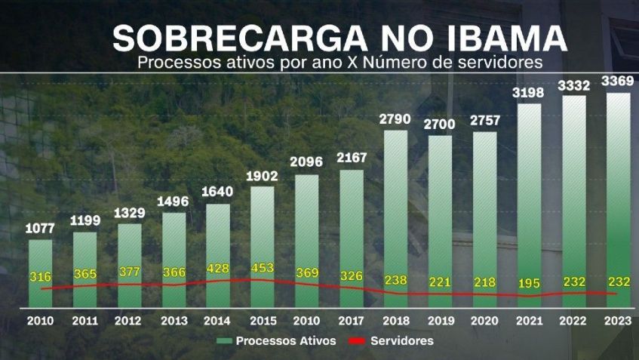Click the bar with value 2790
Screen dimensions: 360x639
395,219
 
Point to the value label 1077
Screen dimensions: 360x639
40,228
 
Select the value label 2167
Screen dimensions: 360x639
351,157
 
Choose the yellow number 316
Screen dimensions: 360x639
40,276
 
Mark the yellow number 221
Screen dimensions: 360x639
440,282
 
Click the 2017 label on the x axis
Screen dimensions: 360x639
351,320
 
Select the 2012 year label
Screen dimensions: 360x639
129,320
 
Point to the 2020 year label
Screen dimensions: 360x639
484,320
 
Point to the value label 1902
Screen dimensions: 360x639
262,176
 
